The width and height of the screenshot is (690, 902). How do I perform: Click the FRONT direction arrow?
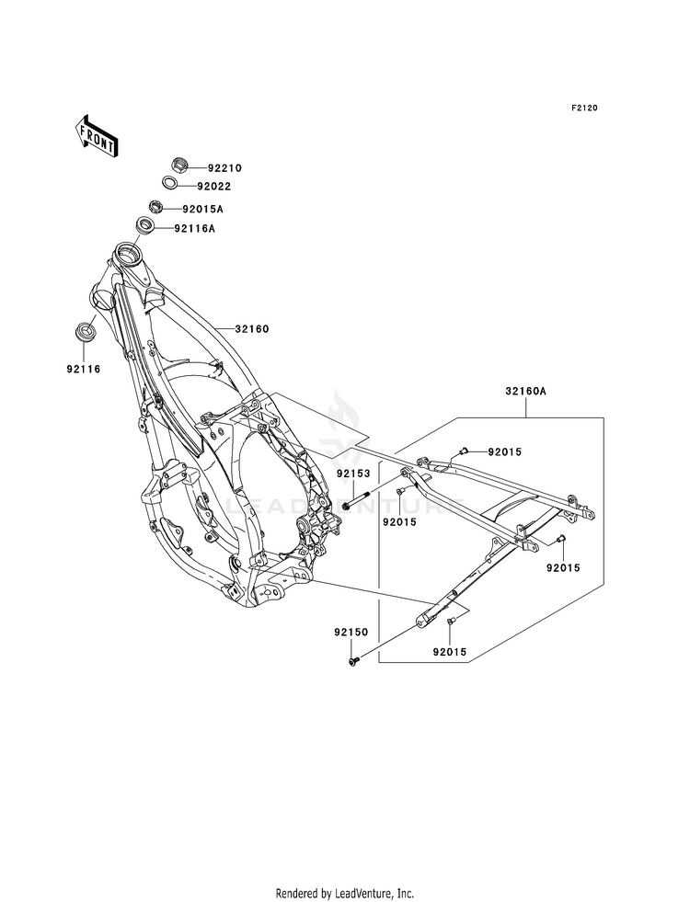(x=96, y=135)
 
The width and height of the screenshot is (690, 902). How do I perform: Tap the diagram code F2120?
(x=584, y=108)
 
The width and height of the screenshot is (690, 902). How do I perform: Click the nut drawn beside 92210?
(x=180, y=166)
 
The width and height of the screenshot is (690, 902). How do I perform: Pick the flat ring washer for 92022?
(x=169, y=184)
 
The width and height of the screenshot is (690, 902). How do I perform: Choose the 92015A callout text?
(x=202, y=209)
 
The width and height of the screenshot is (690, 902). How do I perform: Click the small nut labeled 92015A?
(x=156, y=206)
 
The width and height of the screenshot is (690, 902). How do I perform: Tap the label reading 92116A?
(x=194, y=229)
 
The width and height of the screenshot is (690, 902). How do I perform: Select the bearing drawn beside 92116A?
(x=145, y=226)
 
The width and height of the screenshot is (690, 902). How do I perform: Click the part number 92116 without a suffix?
(x=83, y=370)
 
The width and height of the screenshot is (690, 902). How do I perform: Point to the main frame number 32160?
(x=252, y=329)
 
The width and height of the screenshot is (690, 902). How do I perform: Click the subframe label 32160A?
(x=526, y=392)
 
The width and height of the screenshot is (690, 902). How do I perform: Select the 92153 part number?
(x=354, y=474)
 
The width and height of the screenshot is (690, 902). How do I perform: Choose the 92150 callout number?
(x=351, y=633)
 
